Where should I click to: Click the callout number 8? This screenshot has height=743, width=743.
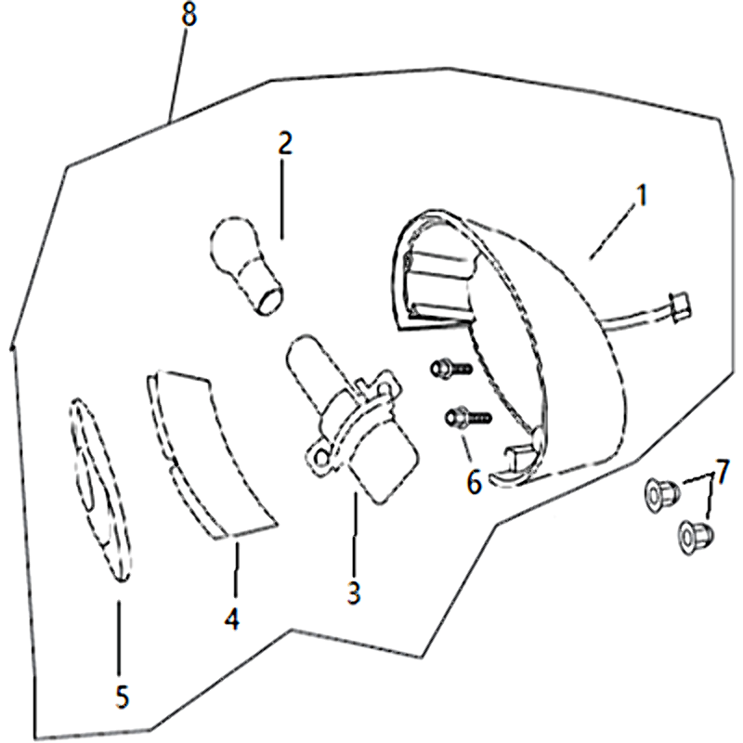click(x=189, y=16)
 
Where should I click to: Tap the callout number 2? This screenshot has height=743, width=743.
click(x=285, y=144)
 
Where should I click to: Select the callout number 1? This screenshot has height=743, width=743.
click(x=641, y=195)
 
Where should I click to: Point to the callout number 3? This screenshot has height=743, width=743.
click(x=354, y=593)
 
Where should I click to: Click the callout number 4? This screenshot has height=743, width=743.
click(x=231, y=619)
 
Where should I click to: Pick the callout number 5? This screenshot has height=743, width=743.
click(x=122, y=697)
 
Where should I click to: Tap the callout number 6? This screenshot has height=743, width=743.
click(x=474, y=482)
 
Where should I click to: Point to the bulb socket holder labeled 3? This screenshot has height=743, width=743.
click(x=357, y=418)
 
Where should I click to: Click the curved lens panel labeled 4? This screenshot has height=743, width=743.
click(x=211, y=455)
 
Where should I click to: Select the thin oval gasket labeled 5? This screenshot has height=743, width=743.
click(x=100, y=490)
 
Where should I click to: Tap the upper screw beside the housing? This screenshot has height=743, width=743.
click(x=451, y=368)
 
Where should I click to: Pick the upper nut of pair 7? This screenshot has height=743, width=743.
click(x=662, y=495)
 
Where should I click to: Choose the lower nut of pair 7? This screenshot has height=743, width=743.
click(x=696, y=537)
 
